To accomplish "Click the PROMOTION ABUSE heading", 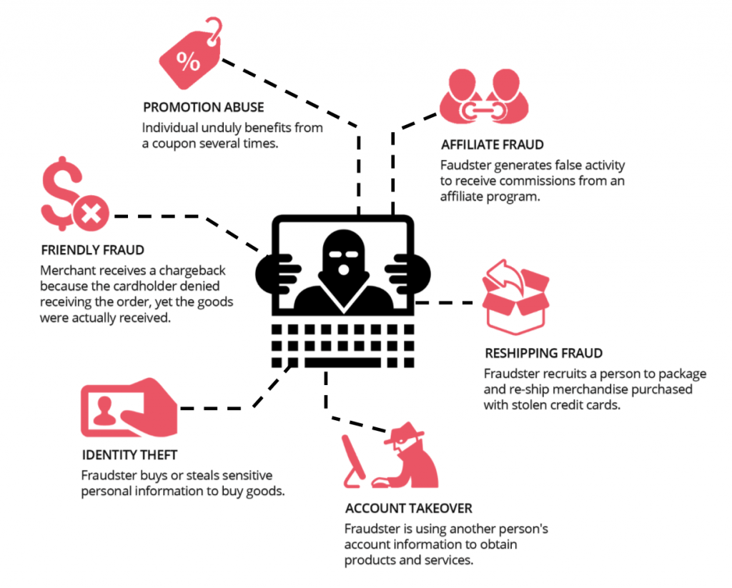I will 203,108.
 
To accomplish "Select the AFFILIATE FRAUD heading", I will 493,144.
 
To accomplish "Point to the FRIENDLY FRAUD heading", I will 92,250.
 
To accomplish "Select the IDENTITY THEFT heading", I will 129,455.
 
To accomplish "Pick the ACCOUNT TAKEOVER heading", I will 408,509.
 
